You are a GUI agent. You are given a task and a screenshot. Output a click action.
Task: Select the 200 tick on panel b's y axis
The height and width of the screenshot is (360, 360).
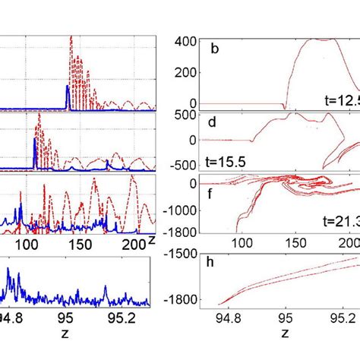coord(185,71)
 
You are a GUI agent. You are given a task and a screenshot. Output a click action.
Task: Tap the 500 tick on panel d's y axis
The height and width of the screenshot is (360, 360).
coord(185,115)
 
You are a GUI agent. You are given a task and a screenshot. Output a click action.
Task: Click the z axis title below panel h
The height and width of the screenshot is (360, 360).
coord(286,333)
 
